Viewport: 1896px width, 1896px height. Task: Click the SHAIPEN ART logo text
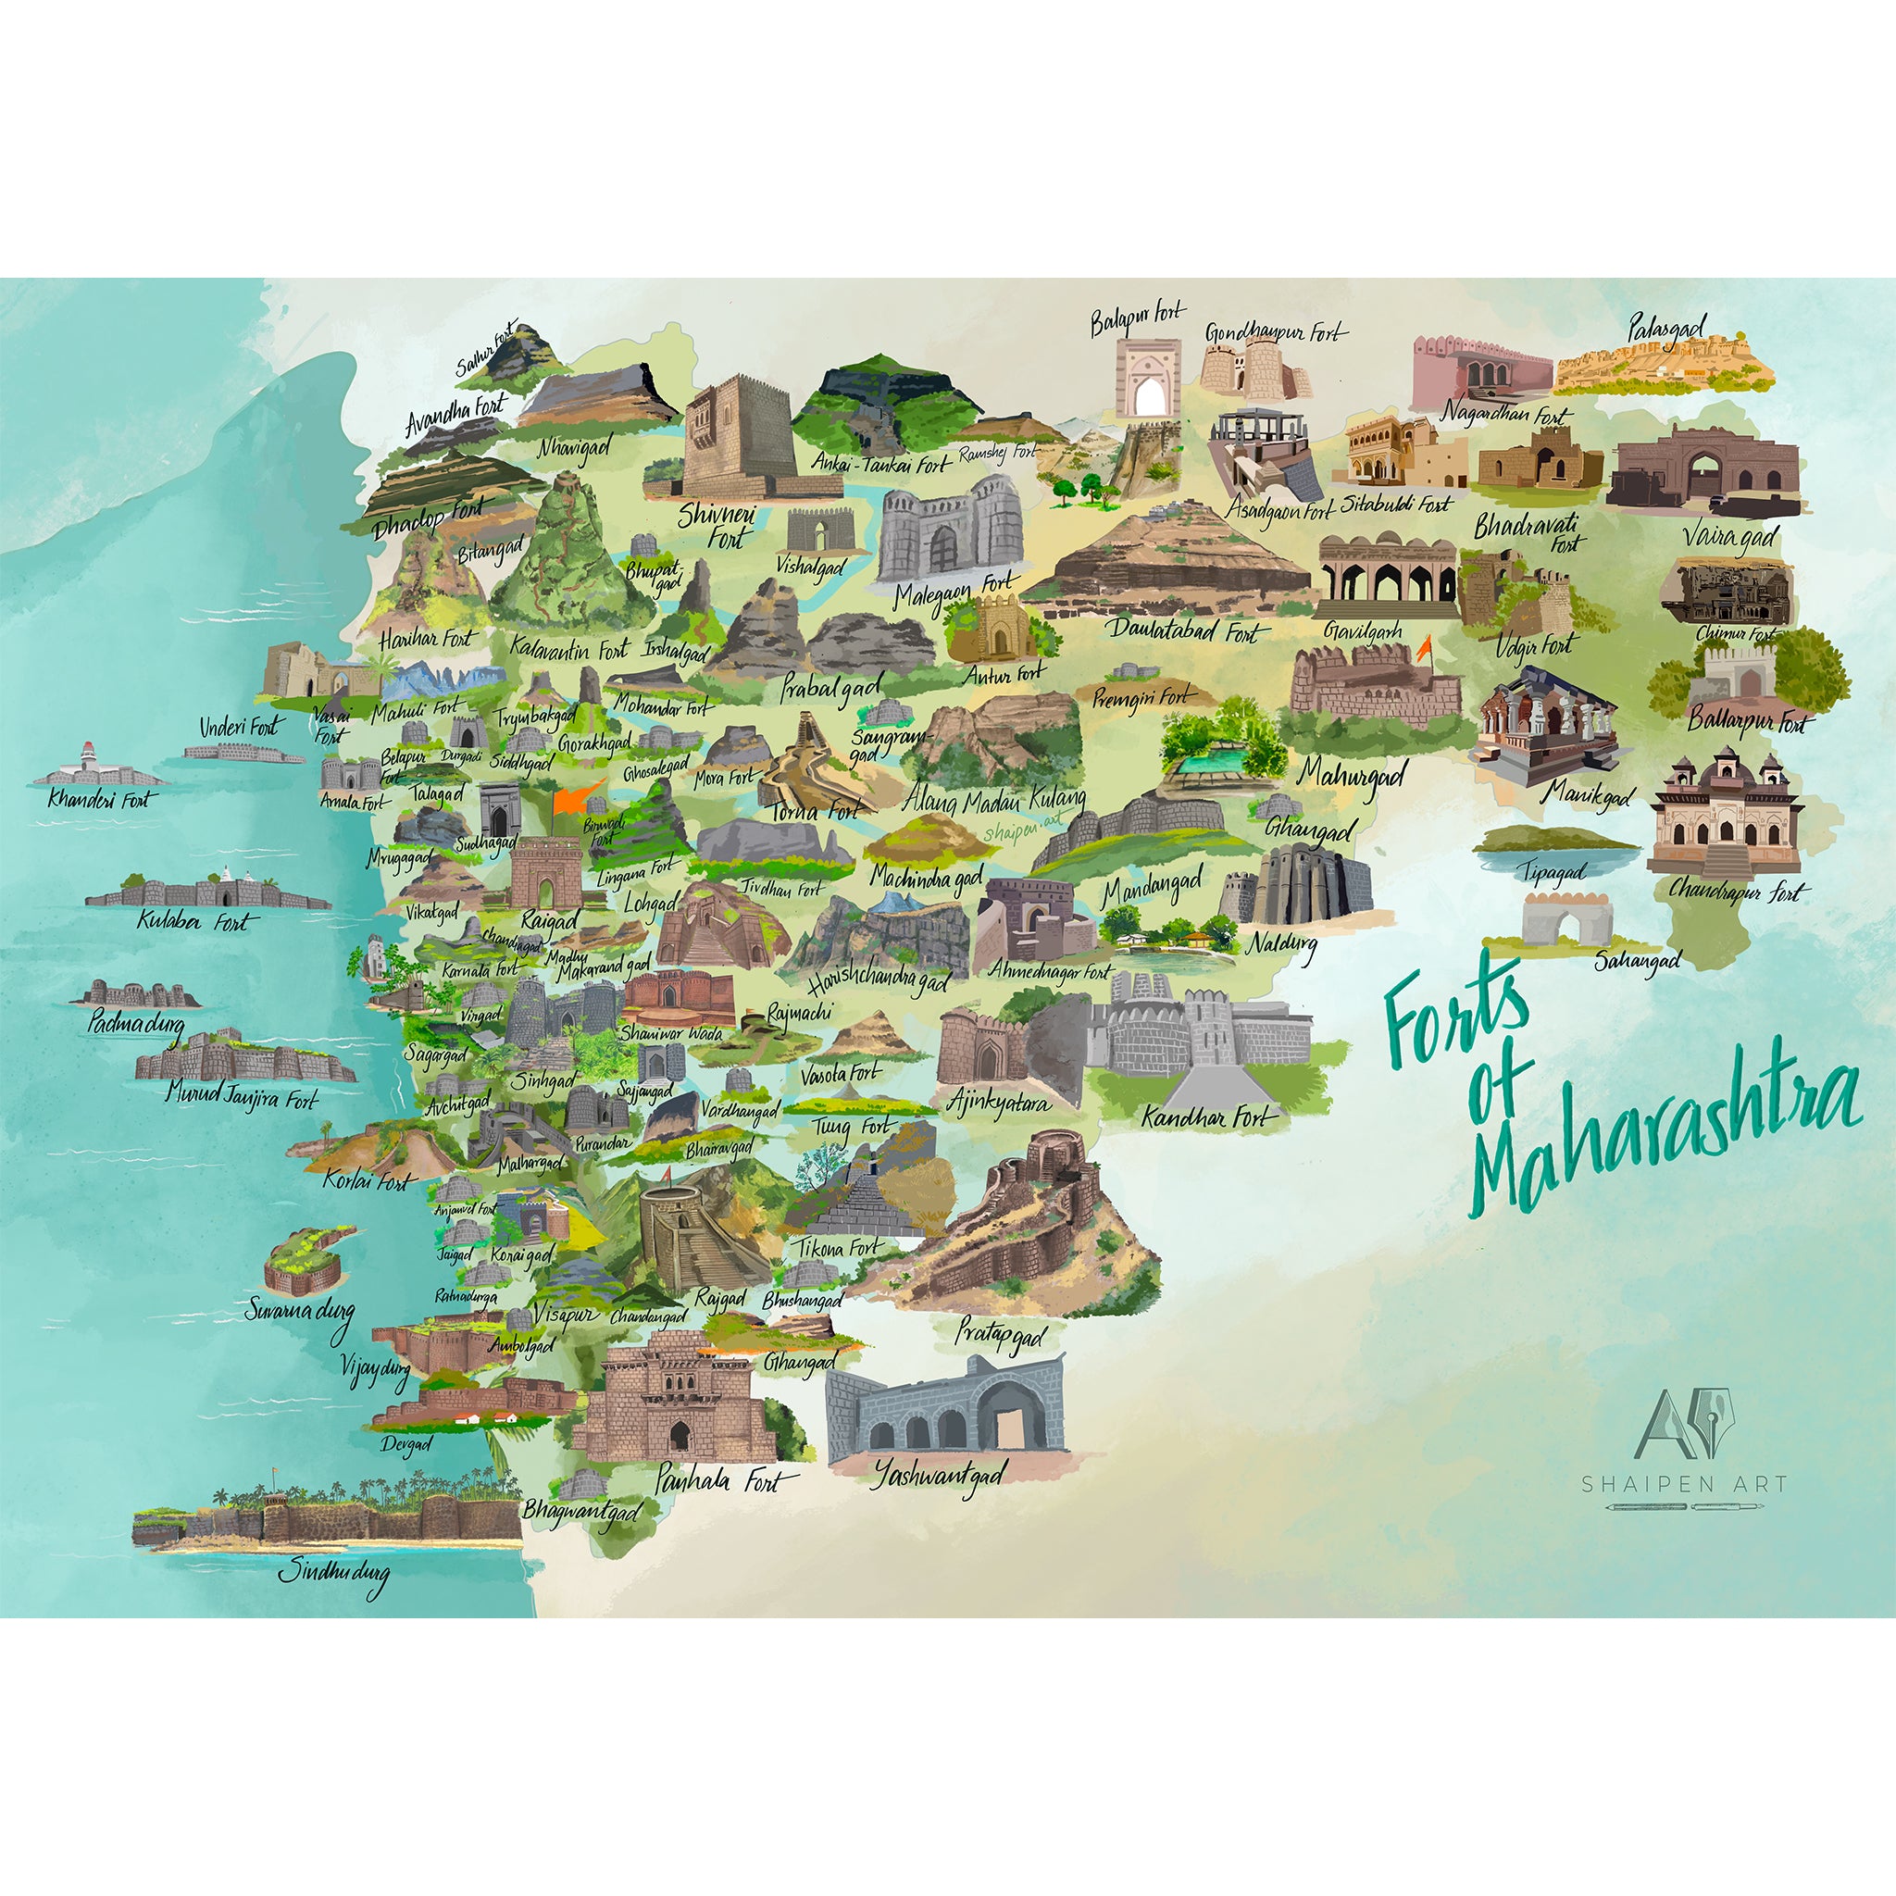(1683, 1485)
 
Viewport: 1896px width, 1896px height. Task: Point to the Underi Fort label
(239, 727)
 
